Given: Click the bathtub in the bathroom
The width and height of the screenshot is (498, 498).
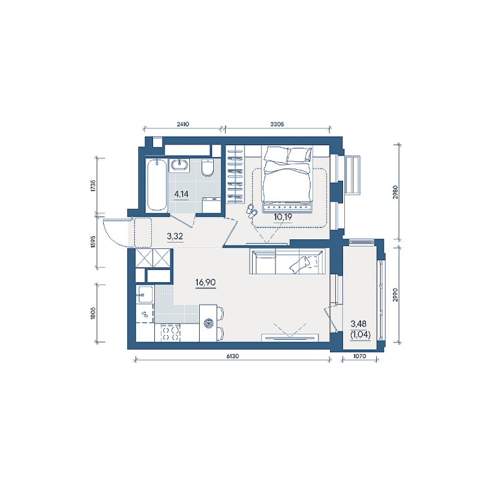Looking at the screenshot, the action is pyautogui.click(x=156, y=185).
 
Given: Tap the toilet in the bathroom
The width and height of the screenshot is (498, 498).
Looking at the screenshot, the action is pyautogui.click(x=207, y=167).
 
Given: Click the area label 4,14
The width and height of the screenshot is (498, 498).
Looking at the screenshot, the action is pyautogui.click(x=181, y=194).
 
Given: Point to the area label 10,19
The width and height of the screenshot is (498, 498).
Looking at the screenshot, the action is pyautogui.click(x=283, y=217).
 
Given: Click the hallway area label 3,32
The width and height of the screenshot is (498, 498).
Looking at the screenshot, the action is pyautogui.click(x=174, y=236).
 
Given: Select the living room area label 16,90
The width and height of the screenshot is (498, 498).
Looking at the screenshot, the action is pyautogui.click(x=206, y=282).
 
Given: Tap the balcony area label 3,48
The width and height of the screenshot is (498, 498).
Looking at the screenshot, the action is pyautogui.click(x=359, y=324).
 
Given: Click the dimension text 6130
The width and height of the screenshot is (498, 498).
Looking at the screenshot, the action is pyautogui.click(x=233, y=357).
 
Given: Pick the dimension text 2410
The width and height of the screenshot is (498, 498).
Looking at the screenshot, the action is pyautogui.click(x=183, y=124).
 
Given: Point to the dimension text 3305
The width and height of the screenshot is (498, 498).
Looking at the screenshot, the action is pyautogui.click(x=277, y=124).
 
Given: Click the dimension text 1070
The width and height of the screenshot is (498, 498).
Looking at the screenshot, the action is pyautogui.click(x=359, y=357).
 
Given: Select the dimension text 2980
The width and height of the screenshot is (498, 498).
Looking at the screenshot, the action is pyautogui.click(x=395, y=192).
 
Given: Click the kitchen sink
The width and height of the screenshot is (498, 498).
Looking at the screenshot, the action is pyautogui.click(x=145, y=294).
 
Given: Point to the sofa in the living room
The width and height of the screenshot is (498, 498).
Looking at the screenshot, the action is pyautogui.click(x=287, y=261).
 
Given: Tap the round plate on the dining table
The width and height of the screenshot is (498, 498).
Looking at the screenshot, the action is pyautogui.click(x=208, y=324).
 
